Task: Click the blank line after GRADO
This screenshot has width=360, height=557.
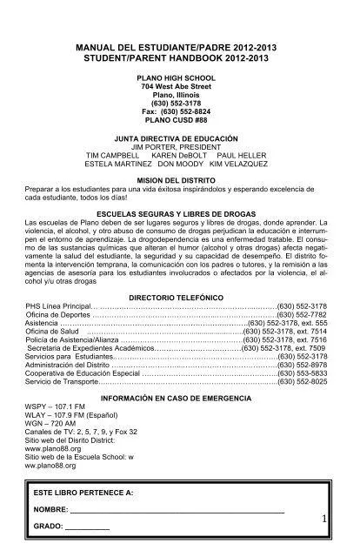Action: point(87,527)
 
